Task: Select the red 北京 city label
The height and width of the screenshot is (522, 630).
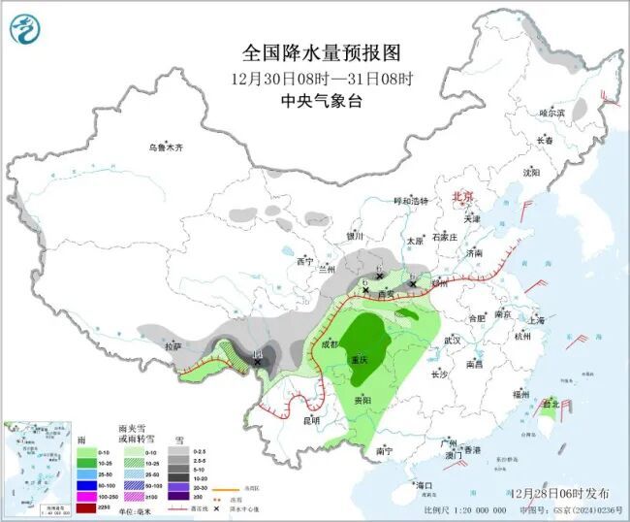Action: point(462,197)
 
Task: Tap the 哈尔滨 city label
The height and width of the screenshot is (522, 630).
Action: point(551,114)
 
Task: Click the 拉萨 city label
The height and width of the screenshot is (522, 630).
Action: point(173,346)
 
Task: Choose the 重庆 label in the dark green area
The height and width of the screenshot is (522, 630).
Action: point(361,359)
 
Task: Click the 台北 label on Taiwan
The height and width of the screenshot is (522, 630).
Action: point(550,404)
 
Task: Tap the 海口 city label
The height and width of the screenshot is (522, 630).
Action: point(423,483)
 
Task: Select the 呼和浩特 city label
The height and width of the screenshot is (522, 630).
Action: point(408,201)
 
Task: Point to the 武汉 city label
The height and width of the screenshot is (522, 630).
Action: point(452,342)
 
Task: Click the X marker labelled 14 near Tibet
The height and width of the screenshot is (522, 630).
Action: point(258,361)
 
